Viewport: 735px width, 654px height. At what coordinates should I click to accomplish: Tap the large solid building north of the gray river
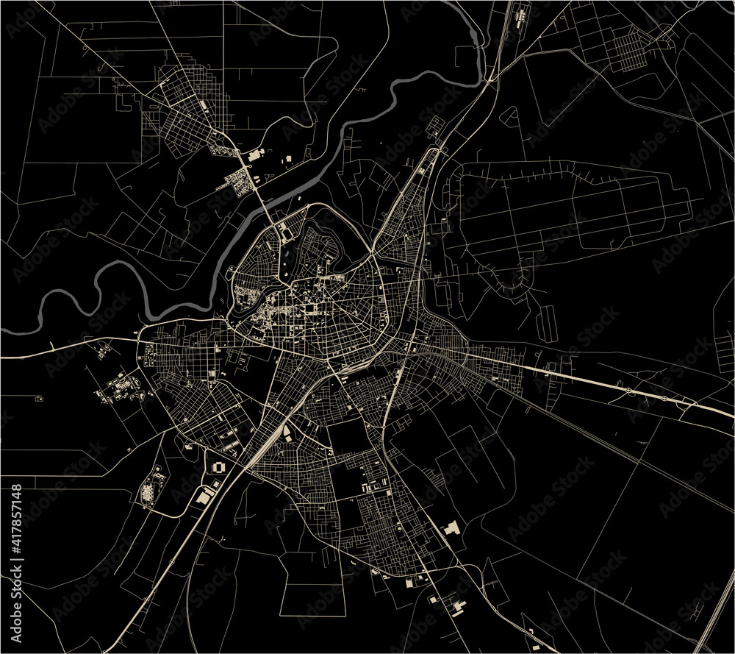(257, 155)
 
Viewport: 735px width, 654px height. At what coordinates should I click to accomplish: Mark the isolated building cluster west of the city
(121, 386)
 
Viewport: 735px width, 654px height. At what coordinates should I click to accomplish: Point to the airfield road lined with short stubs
(559, 174)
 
